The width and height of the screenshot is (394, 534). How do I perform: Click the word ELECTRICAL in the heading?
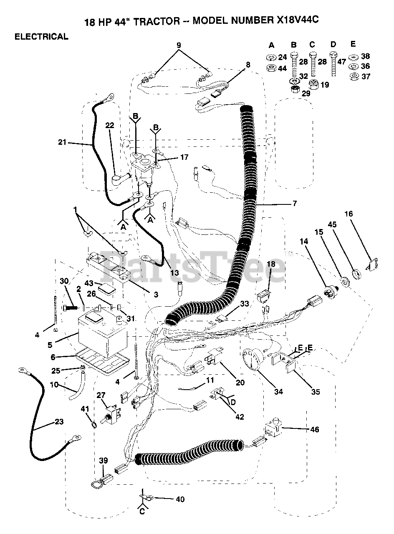point(41,37)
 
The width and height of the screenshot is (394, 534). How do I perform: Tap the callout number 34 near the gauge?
point(278,391)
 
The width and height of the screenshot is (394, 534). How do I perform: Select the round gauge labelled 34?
point(253,360)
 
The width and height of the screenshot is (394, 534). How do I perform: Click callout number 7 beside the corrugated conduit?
point(295,204)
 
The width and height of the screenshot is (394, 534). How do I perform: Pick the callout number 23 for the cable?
point(59,422)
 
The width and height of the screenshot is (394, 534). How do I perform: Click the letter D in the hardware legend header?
point(333,45)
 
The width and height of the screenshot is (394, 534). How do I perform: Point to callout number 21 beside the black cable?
point(63,143)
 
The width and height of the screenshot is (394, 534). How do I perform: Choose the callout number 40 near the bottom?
point(180,499)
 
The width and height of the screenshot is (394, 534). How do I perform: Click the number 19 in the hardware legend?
point(325,85)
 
